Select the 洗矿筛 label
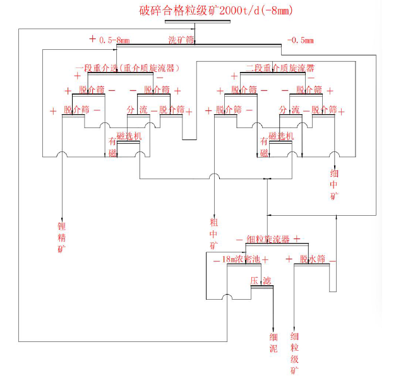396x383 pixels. [x=181, y=40]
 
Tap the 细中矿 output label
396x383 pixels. [x=335, y=185]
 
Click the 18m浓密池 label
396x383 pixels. [x=240, y=259]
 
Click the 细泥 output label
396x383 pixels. [x=274, y=341]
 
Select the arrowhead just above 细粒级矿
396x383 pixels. [x=294, y=324]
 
